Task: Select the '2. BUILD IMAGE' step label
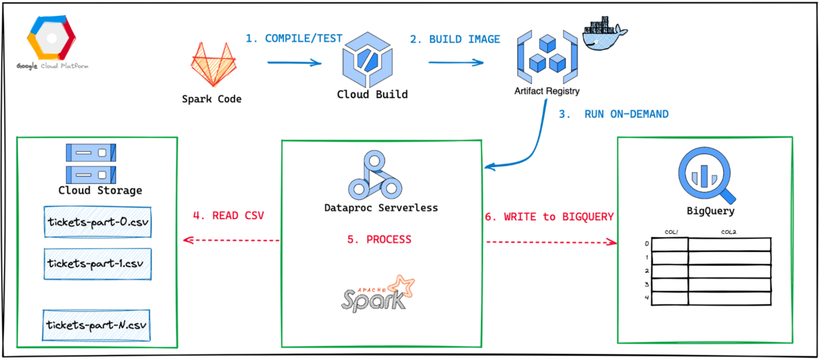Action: (455, 39)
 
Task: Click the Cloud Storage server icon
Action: (91, 162)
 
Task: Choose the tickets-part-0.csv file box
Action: (97, 222)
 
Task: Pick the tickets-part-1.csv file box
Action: (97, 264)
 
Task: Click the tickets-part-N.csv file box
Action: (97, 325)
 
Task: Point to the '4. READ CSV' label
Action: (229, 216)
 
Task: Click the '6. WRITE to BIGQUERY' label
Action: (549, 217)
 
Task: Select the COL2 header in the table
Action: (728, 232)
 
